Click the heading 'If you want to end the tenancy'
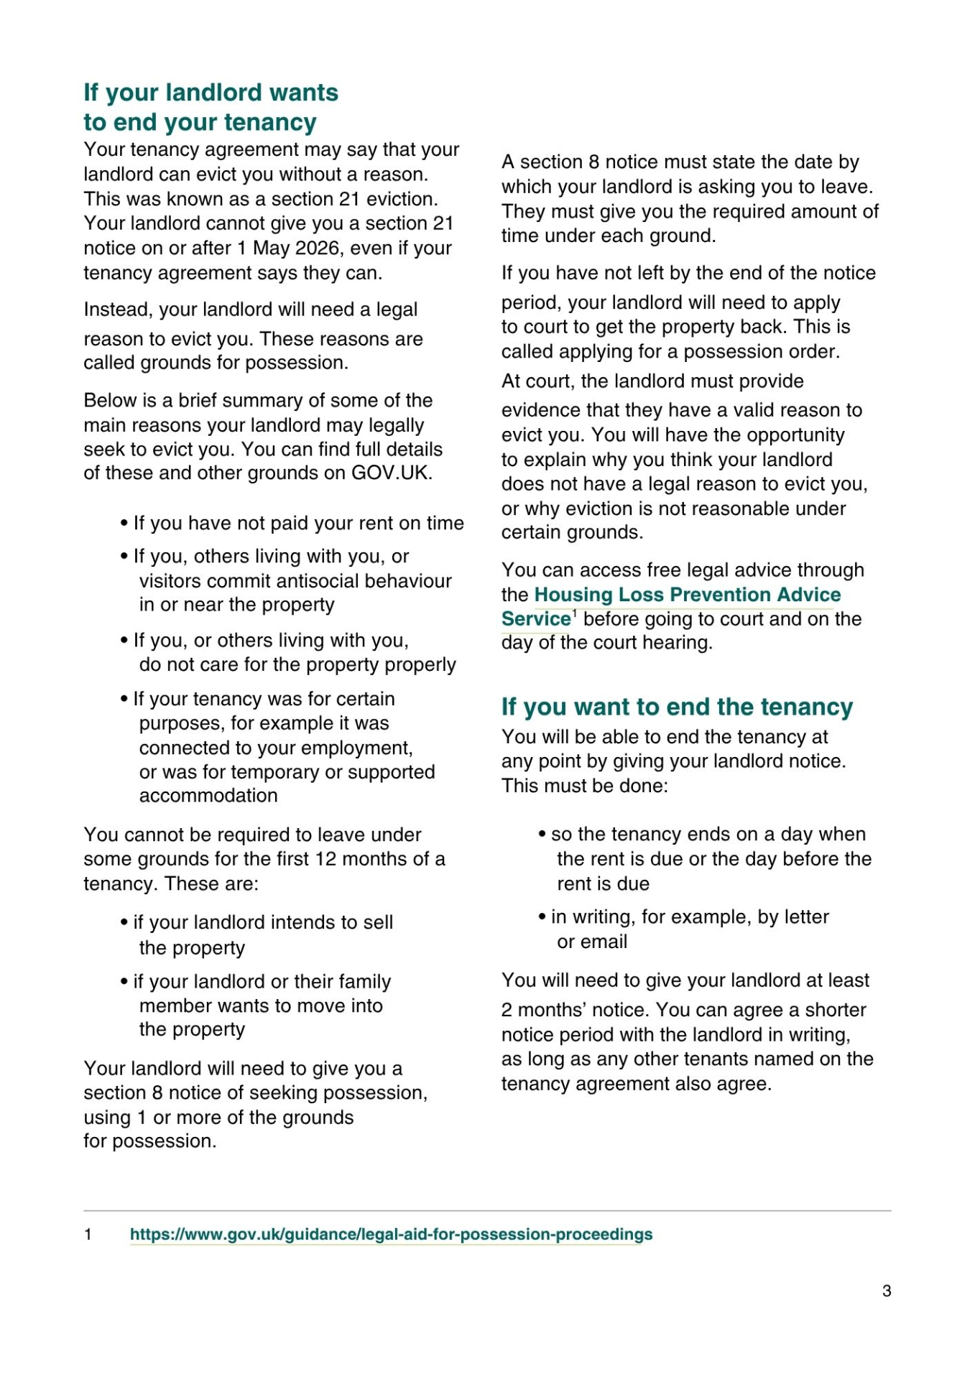tap(677, 707)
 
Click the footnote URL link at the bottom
tap(391, 1235)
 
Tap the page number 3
tap(887, 1291)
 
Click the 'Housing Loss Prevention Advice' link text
tap(687, 595)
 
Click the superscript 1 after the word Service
tap(575, 613)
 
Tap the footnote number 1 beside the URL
tap(88, 1235)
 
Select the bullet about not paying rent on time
tap(298, 524)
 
